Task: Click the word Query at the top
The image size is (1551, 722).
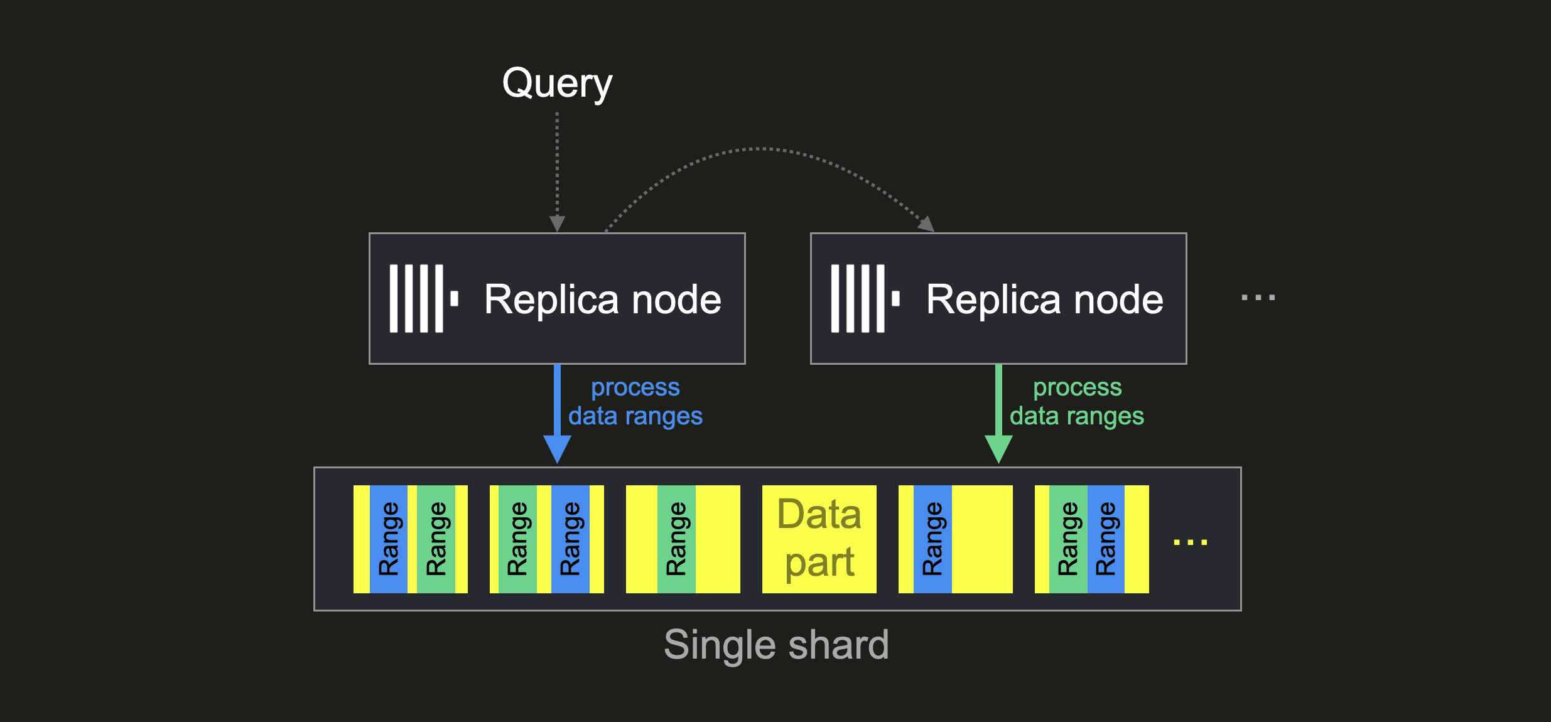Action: coord(557,84)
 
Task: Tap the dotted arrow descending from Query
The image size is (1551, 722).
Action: coord(557,170)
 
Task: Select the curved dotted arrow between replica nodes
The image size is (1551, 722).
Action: coord(760,149)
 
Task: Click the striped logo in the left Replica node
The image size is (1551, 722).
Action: coord(423,298)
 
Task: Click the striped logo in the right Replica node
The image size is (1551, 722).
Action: coord(865,298)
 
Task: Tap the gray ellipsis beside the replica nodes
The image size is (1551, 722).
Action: coord(1258,298)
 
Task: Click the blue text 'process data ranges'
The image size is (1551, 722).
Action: coord(635,402)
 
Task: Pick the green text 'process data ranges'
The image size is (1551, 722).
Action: coord(1077,402)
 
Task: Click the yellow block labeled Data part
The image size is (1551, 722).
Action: coord(819,539)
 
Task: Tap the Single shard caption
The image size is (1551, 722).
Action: coord(776,645)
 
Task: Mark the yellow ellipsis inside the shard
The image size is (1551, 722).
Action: coord(1190,542)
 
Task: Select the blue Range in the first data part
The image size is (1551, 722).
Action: coord(389,539)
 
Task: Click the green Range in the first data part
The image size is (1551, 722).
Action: coord(436,539)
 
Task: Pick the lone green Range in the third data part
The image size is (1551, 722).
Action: coord(676,539)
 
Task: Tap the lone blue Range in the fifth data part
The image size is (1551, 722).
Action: coord(932,539)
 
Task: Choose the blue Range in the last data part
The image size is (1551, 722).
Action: coord(1106,539)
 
